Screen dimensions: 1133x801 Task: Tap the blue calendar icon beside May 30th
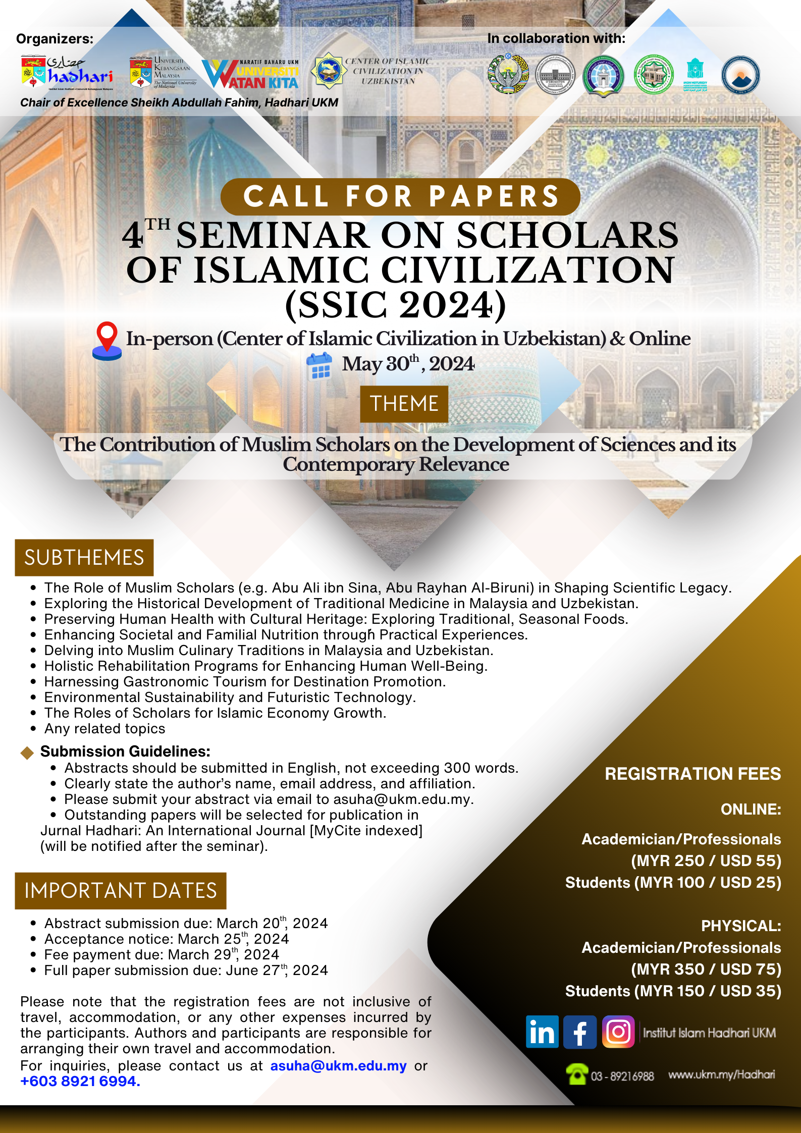(319, 366)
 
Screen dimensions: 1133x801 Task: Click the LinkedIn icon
(542, 1032)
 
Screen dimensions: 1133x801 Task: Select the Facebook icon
(580, 1032)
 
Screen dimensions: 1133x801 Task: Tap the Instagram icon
(618, 1032)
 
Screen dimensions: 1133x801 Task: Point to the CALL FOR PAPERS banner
(400, 196)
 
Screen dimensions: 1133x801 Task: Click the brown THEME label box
(404, 404)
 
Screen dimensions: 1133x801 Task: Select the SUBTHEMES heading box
(84, 558)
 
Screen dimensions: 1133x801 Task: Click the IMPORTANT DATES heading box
(121, 891)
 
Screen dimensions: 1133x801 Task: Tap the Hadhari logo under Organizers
(67, 73)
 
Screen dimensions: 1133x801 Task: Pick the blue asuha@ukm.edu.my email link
(338, 1065)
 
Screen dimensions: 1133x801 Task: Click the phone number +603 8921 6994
(80, 1081)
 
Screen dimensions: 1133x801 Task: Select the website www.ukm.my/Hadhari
(721, 1074)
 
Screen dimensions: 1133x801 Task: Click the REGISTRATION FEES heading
(692, 774)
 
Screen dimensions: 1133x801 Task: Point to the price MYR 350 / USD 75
(706, 969)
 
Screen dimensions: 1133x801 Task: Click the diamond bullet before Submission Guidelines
(27, 752)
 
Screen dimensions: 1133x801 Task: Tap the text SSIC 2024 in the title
(396, 305)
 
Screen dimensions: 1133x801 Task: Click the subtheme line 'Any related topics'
(104, 728)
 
